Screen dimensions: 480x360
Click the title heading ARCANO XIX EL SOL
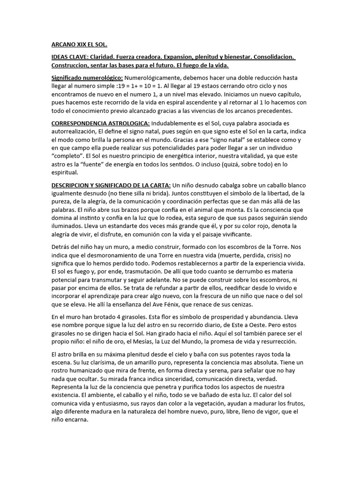pyautogui.click(x=79, y=45)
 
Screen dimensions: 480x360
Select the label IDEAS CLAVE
pyautogui.click(x=68, y=57)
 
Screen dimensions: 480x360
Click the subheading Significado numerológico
pyautogui.click(x=87, y=77)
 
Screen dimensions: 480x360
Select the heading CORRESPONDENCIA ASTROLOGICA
pyautogui.click(x=100, y=123)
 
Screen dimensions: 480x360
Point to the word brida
pyautogui.click(x=178, y=193)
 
